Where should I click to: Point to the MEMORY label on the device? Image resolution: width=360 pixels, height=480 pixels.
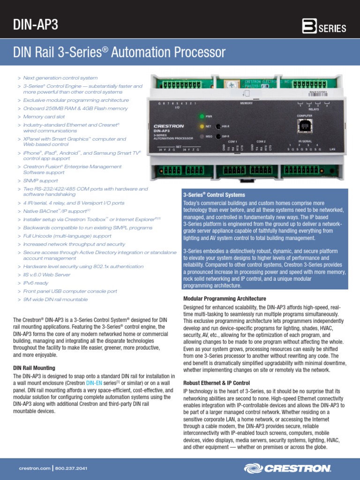pos(246,103)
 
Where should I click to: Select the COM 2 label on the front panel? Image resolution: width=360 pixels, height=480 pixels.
pos(261,141)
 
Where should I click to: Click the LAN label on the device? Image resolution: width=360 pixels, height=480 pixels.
pos(333,149)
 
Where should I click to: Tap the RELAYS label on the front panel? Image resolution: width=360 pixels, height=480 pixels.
pos(314,109)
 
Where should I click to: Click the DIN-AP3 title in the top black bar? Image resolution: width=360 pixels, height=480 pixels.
pos(36,24)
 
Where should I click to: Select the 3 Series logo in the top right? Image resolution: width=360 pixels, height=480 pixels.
pos(324,27)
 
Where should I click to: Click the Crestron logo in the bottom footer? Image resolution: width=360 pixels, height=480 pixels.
pos(288,468)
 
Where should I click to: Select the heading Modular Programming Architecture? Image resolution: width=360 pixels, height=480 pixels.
pos(225,299)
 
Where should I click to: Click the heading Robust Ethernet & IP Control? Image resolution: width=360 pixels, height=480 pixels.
pos(216,383)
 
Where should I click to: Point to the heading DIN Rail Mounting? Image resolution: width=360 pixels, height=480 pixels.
pos(34,368)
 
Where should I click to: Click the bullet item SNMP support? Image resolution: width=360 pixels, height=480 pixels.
pos(41,180)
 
